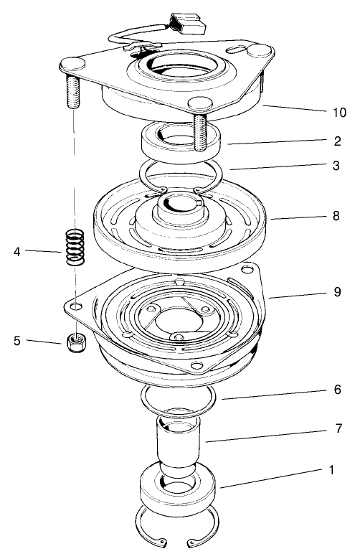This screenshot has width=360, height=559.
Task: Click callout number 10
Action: [339, 113]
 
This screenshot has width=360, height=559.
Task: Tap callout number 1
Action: [331, 470]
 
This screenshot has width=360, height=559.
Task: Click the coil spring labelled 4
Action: [74, 247]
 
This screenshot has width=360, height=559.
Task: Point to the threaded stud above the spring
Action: [72, 88]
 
